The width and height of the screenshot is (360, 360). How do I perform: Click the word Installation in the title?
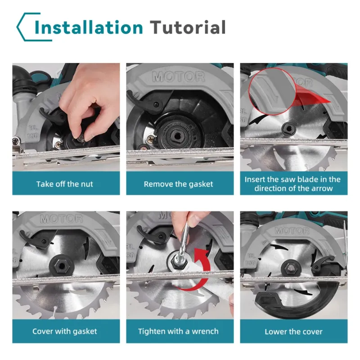pos(89,27)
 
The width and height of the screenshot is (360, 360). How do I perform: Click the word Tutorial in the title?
pos(188,27)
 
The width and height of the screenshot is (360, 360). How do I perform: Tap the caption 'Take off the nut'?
pos(65,184)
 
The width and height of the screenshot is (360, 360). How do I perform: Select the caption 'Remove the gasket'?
pos(178,184)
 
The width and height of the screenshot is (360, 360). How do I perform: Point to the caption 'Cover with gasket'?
pos(65,331)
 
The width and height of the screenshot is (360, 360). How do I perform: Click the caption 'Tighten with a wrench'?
pos(178,331)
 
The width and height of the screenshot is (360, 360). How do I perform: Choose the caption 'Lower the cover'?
pos(293,332)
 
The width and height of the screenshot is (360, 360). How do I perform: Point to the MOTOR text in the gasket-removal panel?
pos(178,77)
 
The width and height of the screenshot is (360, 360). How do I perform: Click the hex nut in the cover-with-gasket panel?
pos(62,266)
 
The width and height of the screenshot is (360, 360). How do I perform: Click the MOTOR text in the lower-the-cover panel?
pos(292,231)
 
